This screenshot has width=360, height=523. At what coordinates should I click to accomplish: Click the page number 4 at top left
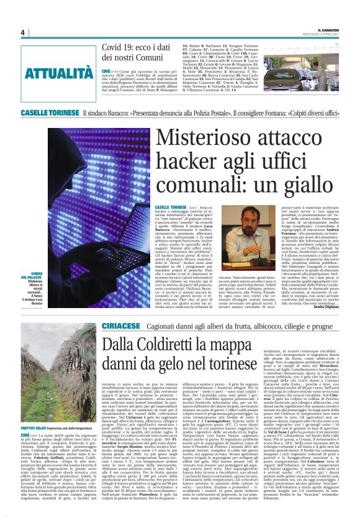coord(22,32)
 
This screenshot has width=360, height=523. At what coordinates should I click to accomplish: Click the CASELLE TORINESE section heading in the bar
coord(50,112)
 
